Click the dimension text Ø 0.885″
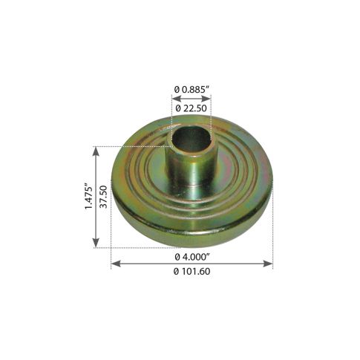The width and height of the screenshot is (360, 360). click(192, 91)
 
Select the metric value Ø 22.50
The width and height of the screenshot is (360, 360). click(192, 107)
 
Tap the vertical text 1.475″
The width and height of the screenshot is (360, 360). click(88, 197)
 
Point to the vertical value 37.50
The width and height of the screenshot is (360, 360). click(105, 197)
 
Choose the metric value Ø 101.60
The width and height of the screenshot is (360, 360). click(192, 272)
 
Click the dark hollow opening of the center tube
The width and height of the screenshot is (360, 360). click(190, 137)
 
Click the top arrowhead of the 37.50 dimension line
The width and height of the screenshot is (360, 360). click(96, 149)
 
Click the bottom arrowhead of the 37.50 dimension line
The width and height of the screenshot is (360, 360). click(96, 243)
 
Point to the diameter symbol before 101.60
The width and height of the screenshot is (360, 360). click(174, 272)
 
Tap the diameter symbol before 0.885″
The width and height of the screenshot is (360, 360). click(176, 91)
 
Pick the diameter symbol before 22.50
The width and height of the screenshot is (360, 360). click(177, 107)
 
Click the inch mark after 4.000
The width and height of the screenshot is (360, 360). click(210, 254)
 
